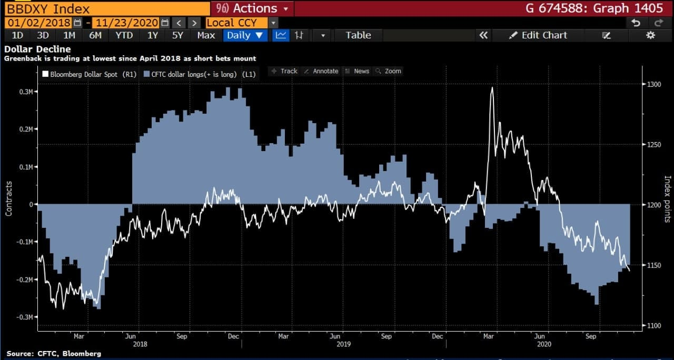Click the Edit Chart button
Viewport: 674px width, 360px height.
[x=538, y=35]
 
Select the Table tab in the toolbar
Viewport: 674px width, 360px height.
[x=358, y=35]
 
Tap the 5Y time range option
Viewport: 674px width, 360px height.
[x=177, y=35]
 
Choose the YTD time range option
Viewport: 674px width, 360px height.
[x=124, y=35]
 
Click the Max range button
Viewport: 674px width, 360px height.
[x=206, y=35]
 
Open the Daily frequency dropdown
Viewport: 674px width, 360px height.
[x=245, y=35]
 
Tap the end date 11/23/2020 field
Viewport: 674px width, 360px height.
[x=126, y=23]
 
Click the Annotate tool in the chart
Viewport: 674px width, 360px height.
[x=321, y=71]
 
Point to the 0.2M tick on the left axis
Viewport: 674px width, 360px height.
[x=24, y=129]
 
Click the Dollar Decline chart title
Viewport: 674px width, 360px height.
[x=37, y=49]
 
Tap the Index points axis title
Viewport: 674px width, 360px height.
[x=667, y=199]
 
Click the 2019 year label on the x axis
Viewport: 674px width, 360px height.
[x=343, y=344]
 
